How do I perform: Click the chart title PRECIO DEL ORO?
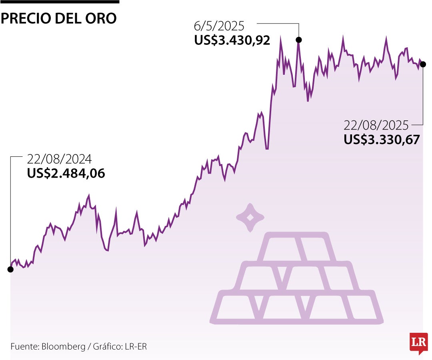coord(59,18)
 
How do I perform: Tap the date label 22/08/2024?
coord(60,159)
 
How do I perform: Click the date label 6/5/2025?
coord(219,27)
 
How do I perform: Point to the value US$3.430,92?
coord(232,40)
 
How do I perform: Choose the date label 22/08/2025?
coord(376,126)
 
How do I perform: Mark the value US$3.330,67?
coord(382,140)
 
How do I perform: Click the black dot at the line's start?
coord(10,269)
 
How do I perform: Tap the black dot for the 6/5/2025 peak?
coord(298,40)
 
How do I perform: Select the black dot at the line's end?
coord(423,64)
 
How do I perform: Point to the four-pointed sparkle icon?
coord(250,218)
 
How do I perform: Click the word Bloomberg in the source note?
coord(63,346)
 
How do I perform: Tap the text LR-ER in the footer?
coord(135,346)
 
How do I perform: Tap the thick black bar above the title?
coord(60,2)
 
